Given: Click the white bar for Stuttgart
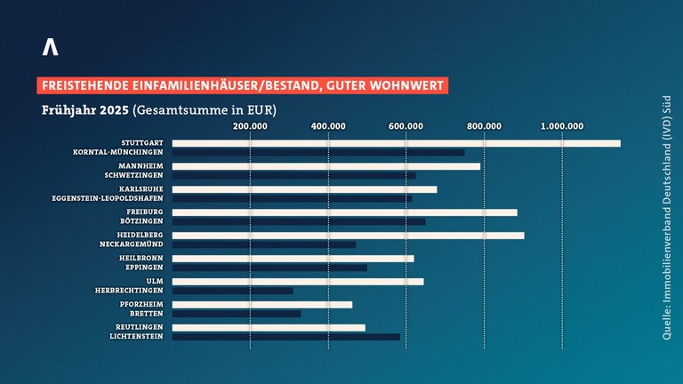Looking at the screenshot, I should pyautogui.click(x=396, y=143).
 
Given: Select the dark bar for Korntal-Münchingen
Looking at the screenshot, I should pyautogui.click(x=318, y=153).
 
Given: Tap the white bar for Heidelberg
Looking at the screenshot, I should pyautogui.click(x=348, y=236).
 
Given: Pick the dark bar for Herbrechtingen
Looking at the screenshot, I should pyautogui.click(x=232, y=291).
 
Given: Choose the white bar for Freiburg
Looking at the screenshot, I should pyautogui.click(x=344, y=212).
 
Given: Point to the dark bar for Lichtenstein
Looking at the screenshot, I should pyautogui.click(x=285, y=337).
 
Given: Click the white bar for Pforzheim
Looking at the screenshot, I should pyautogui.click(x=262, y=305).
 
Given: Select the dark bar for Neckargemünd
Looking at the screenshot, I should pyautogui.click(x=264, y=244).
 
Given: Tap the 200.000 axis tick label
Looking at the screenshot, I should pyautogui.click(x=251, y=125).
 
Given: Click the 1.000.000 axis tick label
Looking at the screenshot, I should pyautogui.click(x=562, y=125).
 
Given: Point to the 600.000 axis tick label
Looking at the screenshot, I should pyautogui.click(x=406, y=125).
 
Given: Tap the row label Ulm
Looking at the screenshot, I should pyautogui.click(x=154, y=282).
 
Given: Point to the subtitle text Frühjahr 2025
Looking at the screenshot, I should pyautogui.click(x=84, y=111).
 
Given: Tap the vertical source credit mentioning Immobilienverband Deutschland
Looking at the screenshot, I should pyautogui.click(x=665, y=217).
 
